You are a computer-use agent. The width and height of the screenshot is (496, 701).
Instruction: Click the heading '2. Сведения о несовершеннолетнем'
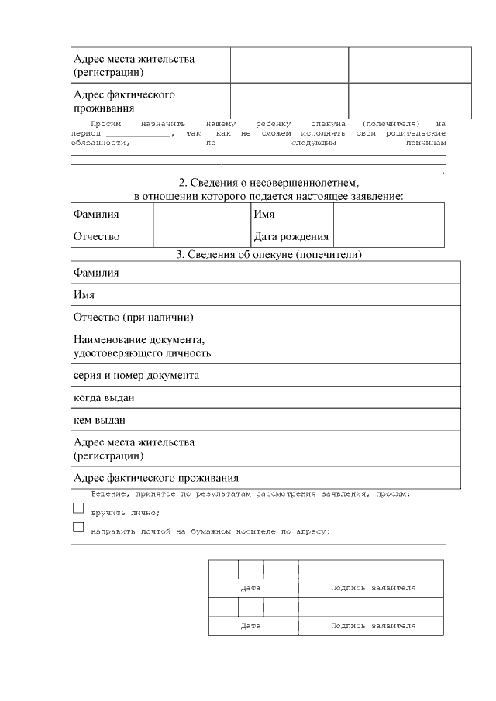269,184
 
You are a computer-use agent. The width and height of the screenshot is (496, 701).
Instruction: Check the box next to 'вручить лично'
77,508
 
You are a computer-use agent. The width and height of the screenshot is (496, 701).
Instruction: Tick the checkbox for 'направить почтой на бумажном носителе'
77,527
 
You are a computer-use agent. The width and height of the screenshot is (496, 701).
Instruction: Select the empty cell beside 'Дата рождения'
388,236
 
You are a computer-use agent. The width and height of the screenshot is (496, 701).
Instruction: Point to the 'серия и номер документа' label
136,376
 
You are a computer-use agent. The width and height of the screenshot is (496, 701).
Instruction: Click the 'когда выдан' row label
104,398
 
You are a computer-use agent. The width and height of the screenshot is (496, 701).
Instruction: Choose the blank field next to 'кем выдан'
360,421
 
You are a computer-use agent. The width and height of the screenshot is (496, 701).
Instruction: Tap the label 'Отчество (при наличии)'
133,318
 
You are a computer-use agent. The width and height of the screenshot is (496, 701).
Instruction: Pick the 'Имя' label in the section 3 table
84,295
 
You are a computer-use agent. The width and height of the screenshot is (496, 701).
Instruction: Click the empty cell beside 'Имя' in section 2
388,214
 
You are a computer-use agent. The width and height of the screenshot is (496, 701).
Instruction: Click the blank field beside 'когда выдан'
360,398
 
